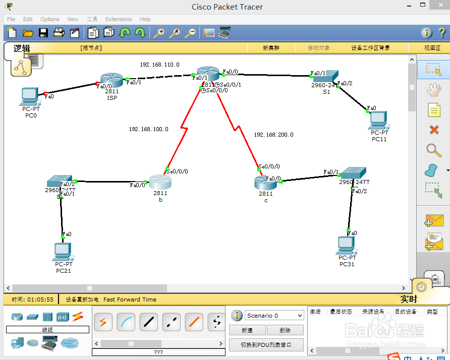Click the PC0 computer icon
tap(30, 96)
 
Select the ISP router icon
tap(111, 81)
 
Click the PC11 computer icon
tap(378, 120)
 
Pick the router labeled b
tap(160, 182)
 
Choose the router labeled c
tap(265, 182)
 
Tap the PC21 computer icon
tap(63, 251)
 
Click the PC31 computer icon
tap(347, 245)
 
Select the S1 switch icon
tap(325, 77)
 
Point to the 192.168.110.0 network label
tap(159, 65)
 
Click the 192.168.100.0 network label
tap(148, 129)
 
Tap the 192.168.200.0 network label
tap(273, 135)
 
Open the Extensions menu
tap(119, 19)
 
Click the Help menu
tap(145, 19)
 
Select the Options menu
tap(50, 19)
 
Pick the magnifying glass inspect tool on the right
tap(433, 150)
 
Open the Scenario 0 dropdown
tap(274, 316)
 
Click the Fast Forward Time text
tap(130, 299)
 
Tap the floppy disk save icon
tap(43, 33)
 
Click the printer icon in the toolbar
tap(59, 33)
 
